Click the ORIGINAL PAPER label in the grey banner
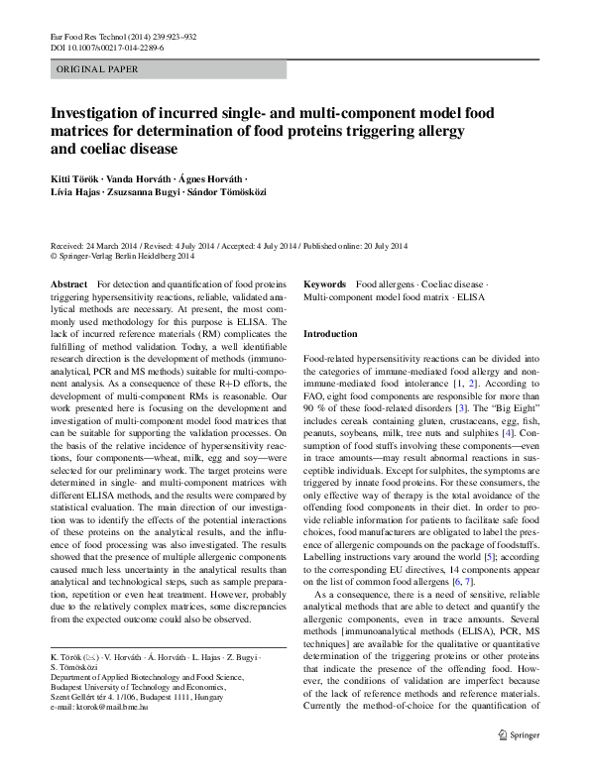[98, 69]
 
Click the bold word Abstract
[67, 283]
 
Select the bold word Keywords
[324, 283]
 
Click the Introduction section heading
[329, 334]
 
